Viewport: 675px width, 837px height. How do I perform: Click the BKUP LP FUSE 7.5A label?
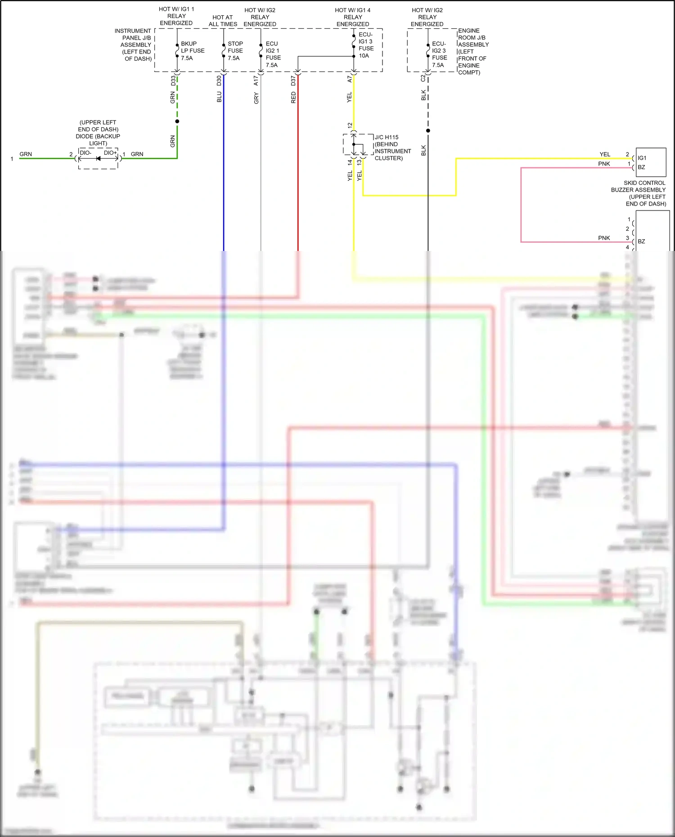pyautogui.click(x=192, y=51)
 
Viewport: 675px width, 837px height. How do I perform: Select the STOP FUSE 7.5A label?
pyautogui.click(x=235, y=51)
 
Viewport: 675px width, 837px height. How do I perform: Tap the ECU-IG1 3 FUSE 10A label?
pyautogui.click(x=365, y=45)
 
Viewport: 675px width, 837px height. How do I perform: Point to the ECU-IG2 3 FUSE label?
pyautogui.click(x=439, y=54)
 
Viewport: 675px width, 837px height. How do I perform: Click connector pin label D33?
pyautogui.click(x=173, y=81)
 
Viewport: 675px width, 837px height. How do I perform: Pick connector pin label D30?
pyautogui.click(x=219, y=81)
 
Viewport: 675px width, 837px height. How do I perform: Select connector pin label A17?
pyautogui.click(x=256, y=81)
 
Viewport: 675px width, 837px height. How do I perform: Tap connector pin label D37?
pyautogui.click(x=293, y=81)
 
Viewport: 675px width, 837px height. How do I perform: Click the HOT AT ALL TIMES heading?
pyautogui.click(x=223, y=21)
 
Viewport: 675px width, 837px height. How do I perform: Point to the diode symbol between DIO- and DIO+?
pyautogui.click(x=98, y=158)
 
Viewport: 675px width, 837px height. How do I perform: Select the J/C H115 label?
pyautogui.click(x=387, y=137)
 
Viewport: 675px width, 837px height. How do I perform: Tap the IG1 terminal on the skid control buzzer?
pyautogui.click(x=642, y=158)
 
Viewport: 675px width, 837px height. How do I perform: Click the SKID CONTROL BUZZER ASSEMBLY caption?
pyautogui.click(x=639, y=193)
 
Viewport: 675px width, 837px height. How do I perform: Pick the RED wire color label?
pyautogui.click(x=293, y=98)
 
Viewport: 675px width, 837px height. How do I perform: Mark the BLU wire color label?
pyautogui.click(x=219, y=97)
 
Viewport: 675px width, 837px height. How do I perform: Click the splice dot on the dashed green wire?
pyautogui.click(x=177, y=121)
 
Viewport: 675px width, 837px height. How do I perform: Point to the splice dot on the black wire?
pyautogui.click(x=428, y=131)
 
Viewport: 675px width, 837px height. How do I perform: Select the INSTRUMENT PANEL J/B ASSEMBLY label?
pyautogui.click(x=133, y=45)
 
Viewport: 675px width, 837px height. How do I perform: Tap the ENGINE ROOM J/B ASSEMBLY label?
pyautogui.click(x=472, y=51)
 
